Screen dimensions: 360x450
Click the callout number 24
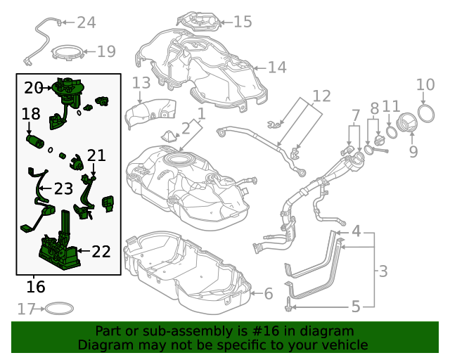tap(86, 23)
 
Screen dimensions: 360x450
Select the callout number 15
tap(242, 22)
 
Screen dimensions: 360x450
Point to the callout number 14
tap(277, 67)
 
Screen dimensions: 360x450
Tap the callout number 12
tap(321, 96)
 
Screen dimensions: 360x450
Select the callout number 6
tap(268, 293)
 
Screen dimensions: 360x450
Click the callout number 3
tap(382, 271)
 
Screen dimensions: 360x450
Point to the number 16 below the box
tap(35, 287)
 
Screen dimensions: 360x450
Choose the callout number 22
tap(101, 251)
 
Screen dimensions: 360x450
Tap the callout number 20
tap(33, 88)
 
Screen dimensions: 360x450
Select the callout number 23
tap(63, 188)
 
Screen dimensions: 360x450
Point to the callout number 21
tap(96, 155)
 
